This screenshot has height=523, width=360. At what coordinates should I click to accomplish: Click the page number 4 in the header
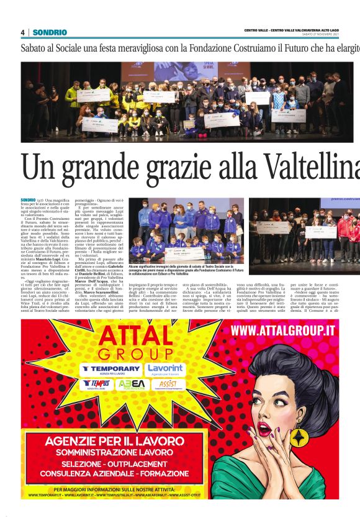[x=22, y=32]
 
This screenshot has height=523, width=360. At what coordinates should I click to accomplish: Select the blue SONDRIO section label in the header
[x=50, y=32]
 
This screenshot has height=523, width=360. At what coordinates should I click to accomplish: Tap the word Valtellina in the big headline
[x=310, y=167]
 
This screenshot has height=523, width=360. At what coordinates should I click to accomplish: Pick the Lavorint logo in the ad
[x=165, y=368]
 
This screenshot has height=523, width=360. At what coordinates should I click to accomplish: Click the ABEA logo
[x=132, y=384]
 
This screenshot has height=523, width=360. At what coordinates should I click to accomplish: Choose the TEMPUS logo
[x=97, y=384]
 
